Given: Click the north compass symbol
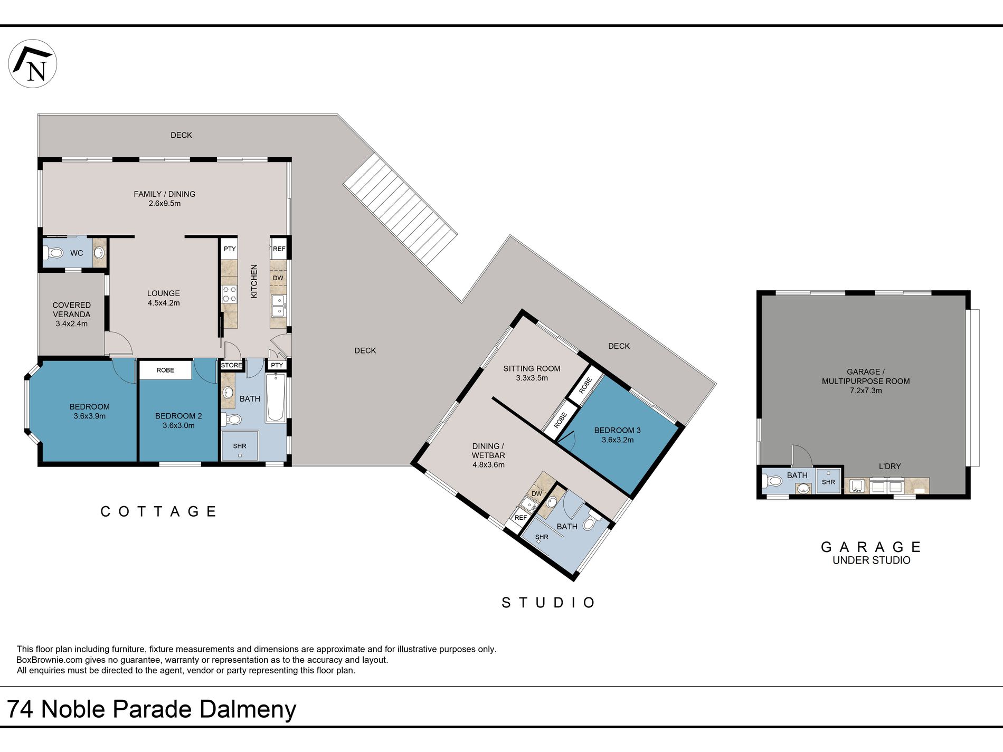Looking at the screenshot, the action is point(33,63).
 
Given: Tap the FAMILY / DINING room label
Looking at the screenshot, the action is point(165,198).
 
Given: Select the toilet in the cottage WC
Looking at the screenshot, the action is point(54,253).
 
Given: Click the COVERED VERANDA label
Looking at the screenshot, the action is point(72,314).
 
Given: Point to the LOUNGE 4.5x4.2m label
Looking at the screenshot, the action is point(164,298).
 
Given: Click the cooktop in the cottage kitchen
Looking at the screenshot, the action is point(229,294).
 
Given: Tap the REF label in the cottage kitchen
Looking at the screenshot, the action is point(279,249).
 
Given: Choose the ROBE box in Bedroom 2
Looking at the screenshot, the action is point(165,370).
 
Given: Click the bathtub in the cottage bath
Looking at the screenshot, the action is point(275,397).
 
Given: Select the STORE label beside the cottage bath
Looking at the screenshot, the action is point(231,365).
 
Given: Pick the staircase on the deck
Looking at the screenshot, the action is point(400,210).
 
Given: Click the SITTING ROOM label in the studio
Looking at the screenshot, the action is point(532,373).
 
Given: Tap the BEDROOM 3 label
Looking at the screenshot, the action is point(618,435).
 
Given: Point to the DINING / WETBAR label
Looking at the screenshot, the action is point(488,455).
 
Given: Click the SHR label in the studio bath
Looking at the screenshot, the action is point(542,537).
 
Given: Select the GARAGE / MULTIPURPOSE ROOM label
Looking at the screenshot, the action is point(866,381).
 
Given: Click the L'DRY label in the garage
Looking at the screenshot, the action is point(890,467).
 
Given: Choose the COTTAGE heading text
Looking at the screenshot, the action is point(158,511).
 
